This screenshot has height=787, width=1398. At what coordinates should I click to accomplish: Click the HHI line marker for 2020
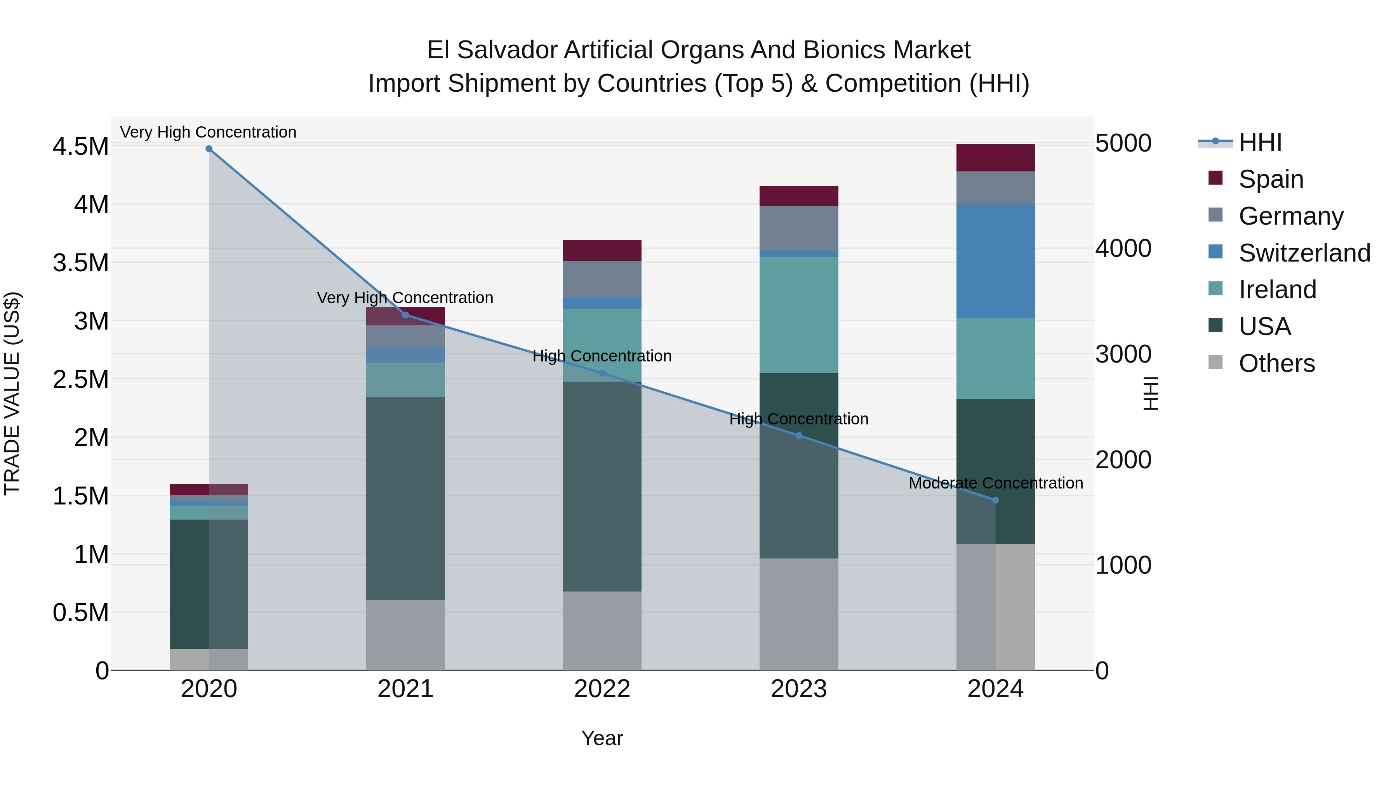[209, 149]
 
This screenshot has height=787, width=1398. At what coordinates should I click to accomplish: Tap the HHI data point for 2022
[602, 373]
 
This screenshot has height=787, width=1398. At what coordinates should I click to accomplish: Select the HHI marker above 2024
[995, 500]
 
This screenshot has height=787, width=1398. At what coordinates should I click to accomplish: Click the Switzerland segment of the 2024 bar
[995, 261]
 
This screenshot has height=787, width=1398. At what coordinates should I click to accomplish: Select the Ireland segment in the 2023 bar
[798, 315]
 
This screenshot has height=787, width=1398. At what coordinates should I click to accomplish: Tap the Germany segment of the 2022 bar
[602, 279]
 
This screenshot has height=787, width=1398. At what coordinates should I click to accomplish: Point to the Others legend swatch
[1215, 362]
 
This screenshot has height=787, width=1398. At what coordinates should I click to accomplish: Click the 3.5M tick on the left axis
[80, 263]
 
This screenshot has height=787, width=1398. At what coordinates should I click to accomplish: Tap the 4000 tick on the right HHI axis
[1123, 249]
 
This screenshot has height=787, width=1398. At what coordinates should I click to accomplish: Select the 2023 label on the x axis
[798, 689]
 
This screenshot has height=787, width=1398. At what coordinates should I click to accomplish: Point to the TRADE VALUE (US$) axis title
[12, 394]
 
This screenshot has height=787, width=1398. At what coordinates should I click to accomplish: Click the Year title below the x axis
[602, 738]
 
